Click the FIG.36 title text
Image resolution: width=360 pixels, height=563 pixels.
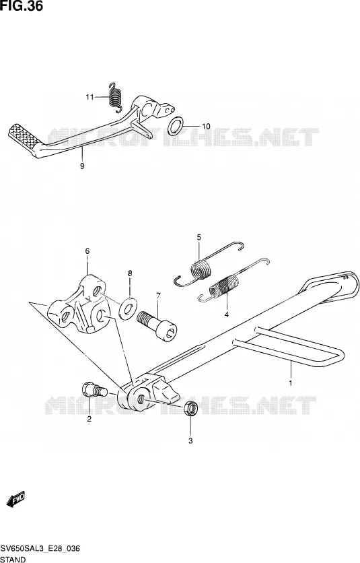22,6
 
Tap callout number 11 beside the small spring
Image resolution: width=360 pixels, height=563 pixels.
89,97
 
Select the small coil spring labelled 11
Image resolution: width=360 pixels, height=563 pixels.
116,96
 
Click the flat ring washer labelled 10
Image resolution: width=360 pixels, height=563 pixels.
176,126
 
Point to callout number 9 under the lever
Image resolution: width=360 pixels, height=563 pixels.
82,166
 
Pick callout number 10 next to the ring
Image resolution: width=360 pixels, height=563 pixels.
206,127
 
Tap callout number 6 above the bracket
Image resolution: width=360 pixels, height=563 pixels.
87,251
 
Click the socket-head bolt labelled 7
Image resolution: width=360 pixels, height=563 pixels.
157,325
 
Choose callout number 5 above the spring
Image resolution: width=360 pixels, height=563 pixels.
199,237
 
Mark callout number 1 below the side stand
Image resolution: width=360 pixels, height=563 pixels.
291,383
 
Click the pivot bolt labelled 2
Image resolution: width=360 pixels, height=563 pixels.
94,390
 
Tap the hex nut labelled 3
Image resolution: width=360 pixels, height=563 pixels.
191,409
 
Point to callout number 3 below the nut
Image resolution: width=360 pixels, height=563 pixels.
190,440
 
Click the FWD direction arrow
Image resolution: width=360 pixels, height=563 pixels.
15,499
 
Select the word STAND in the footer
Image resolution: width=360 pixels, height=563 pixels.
13,559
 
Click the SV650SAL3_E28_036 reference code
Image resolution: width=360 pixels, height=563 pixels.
40,549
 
